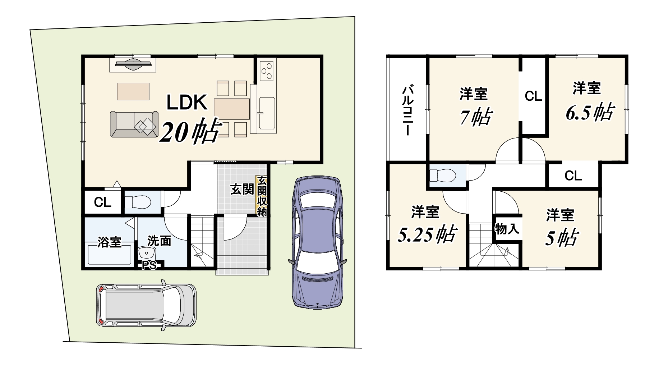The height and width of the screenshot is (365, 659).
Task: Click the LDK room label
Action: click(186, 102)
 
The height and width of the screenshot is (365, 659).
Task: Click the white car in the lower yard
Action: click(147, 305)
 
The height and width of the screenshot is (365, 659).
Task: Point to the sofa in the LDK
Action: click(134, 124)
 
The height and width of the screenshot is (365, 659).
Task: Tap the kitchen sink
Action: click(266, 113)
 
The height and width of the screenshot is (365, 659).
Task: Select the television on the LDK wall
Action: click(133, 65)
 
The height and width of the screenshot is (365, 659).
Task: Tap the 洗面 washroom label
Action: click(159, 241)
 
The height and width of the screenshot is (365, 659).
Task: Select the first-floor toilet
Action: click(138, 202)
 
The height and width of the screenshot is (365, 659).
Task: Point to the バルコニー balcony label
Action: click(407, 110)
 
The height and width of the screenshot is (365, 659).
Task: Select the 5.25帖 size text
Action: click(427, 234)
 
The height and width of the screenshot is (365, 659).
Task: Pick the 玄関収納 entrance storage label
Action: click(262, 196)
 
